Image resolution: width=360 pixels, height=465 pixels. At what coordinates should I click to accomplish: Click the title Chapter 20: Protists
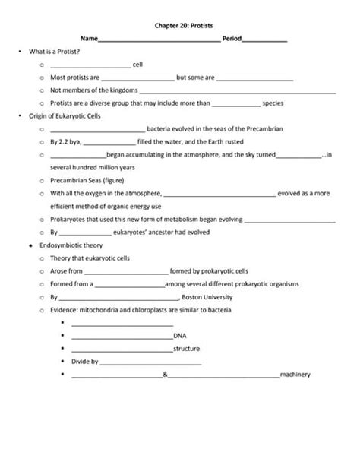[180, 25]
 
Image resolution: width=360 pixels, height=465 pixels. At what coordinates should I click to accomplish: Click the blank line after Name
[159, 40]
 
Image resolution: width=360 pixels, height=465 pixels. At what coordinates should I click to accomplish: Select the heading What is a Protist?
[55, 51]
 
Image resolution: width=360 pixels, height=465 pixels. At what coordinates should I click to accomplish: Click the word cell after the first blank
[138, 65]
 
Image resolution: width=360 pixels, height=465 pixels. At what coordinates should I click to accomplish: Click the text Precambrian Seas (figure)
[87, 181]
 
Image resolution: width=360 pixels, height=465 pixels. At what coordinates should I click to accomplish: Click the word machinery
[295, 375]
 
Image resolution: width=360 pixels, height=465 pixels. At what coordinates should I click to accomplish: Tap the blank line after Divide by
[150, 362]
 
